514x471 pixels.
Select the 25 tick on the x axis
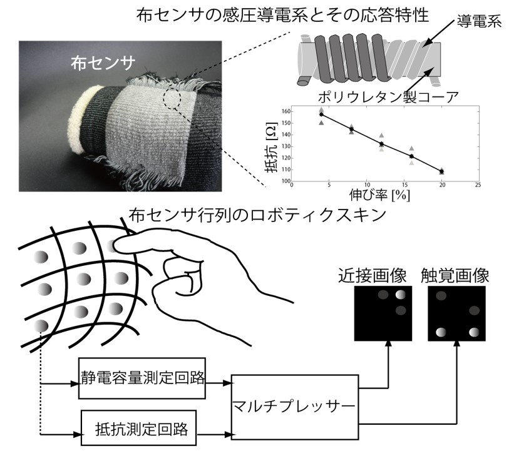(478, 186)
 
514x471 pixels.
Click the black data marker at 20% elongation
(442, 170)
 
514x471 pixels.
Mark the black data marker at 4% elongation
(321, 114)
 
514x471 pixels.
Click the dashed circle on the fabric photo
(171, 99)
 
